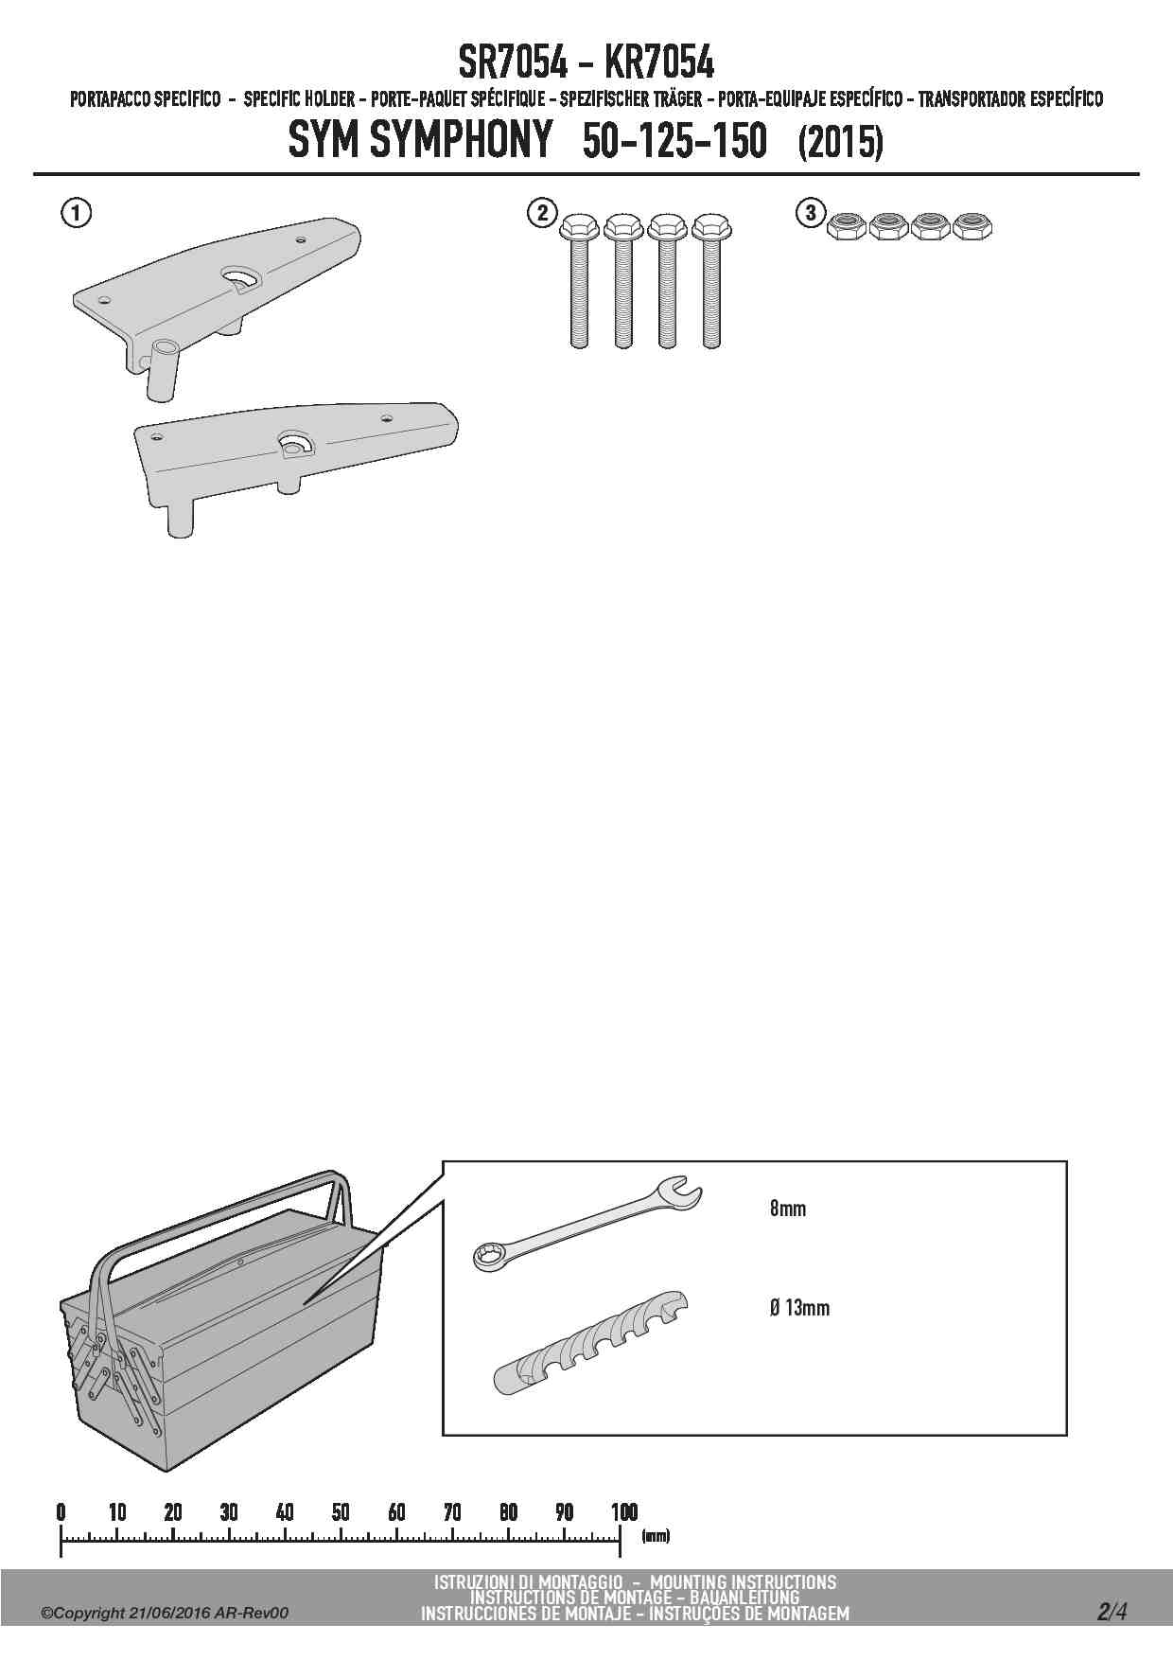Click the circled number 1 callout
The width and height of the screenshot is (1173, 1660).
click(77, 213)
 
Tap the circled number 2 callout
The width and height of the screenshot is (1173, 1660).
click(541, 213)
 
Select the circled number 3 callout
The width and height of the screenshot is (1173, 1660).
click(811, 213)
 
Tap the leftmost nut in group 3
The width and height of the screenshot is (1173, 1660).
click(845, 227)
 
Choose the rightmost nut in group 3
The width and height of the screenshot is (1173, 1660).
click(972, 227)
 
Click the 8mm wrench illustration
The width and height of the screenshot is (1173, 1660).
click(587, 1222)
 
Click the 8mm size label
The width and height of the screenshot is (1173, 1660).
click(788, 1209)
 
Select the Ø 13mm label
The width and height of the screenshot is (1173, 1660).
click(800, 1308)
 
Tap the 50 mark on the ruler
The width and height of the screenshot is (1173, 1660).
click(341, 1511)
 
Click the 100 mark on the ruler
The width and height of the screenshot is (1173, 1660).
click(622, 1511)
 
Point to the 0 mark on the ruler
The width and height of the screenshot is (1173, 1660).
click(61, 1511)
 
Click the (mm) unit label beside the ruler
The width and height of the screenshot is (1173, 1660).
click(656, 1536)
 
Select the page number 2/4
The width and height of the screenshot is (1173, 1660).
click(1112, 1611)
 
